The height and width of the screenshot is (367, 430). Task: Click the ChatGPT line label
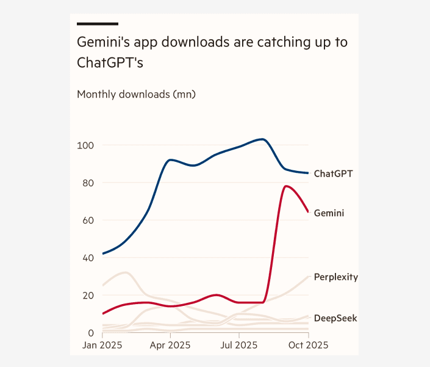click(333, 173)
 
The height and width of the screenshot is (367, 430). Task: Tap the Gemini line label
click(329, 213)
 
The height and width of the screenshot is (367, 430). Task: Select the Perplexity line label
click(335, 277)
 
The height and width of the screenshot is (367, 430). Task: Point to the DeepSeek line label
click(335, 318)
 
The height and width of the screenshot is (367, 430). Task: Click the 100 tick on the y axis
click(85, 145)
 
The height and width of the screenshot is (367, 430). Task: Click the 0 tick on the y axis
click(90, 333)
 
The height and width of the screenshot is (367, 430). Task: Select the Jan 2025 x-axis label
click(102, 346)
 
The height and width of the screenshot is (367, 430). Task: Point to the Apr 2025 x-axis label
click(170, 346)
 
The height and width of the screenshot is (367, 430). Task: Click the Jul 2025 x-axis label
click(239, 346)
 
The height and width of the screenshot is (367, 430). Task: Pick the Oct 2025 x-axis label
click(308, 346)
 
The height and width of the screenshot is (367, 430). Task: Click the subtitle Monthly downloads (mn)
click(136, 95)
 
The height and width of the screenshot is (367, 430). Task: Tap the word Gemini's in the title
click(99, 43)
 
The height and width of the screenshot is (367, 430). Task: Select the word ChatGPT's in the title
click(110, 63)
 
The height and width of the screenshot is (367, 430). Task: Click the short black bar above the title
click(97, 24)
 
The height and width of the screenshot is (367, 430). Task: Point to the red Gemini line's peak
click(285, 186)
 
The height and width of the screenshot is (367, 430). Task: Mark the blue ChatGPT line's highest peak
click(262, 139)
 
